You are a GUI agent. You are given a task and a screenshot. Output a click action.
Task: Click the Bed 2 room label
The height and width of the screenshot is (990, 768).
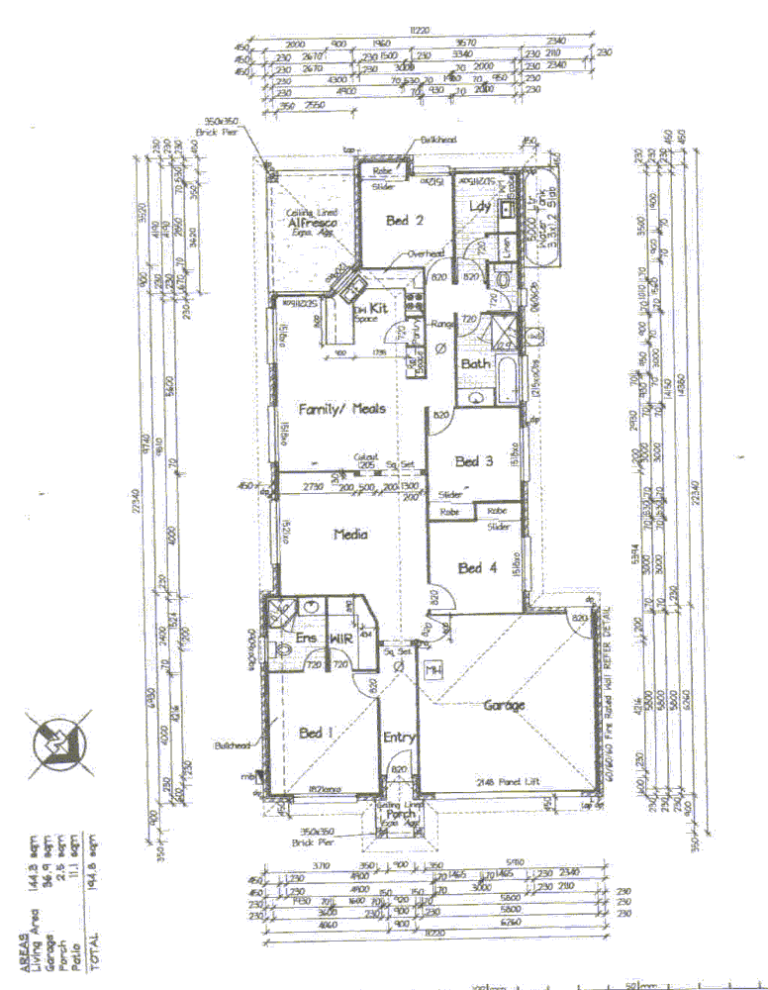pyautogui.click(x=406, y=220)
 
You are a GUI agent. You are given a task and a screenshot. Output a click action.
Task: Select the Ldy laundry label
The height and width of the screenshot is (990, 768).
pyautogui.click(x=481, y=206)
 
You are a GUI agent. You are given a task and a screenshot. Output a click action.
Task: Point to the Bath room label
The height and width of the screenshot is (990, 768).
pyautogui.click(x=476, y=363)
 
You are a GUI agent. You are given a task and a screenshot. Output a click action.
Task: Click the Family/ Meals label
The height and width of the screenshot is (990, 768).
pyautogui.click(x=342, y=408)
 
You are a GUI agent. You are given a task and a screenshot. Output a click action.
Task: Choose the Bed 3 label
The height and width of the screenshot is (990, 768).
pyautogui.click(x=468, y=461)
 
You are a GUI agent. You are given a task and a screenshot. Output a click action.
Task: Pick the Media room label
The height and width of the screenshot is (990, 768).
pyautogui.click(x=350, y=534)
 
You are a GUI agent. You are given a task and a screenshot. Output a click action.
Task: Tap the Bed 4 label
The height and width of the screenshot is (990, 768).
pyautogui.click(x=471, y=568)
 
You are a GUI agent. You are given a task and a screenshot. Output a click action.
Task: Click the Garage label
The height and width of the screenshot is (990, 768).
pyautogui.click(x=504, y=706)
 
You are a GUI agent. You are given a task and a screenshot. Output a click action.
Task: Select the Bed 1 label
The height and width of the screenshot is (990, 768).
pyautogui.click(x=316, y=734)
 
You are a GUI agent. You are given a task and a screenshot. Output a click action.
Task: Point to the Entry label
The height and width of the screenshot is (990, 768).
pyautogui.click(x=400, y=737)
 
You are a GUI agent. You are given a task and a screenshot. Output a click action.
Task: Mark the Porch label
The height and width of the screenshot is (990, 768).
pyautogui.click(x=401, y=815)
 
